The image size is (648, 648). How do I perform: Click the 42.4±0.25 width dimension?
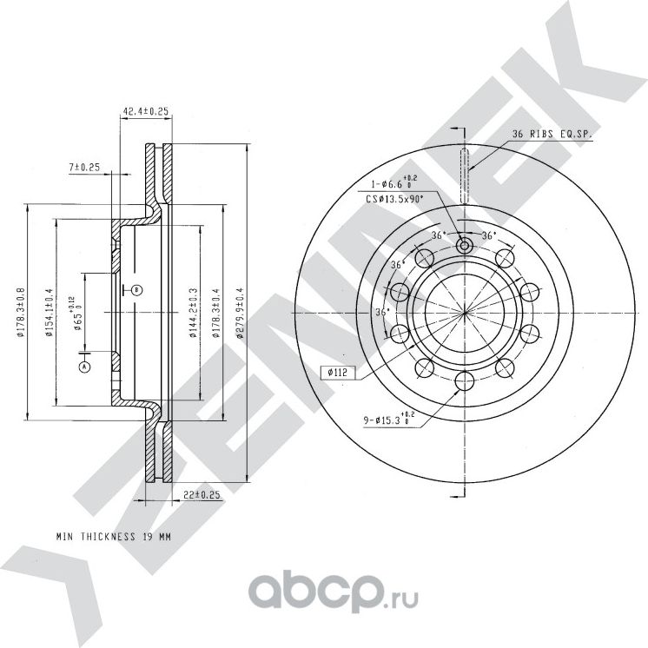point(144,111)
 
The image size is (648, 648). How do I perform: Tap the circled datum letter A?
point(84,367)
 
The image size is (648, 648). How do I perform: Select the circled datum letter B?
point(136,289)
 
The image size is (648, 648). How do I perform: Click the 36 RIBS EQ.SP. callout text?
point(552,133)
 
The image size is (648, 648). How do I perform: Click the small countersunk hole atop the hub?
point(464,246)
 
